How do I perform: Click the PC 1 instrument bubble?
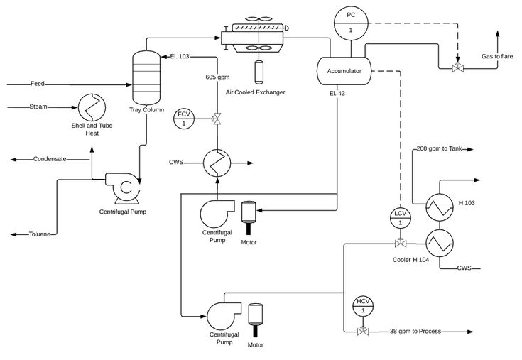coord(351,22)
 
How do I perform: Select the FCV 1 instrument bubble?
coord(183,119)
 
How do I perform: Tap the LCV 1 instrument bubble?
coord(400,218)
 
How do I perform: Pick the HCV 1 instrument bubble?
coord(363,306)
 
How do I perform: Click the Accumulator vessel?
coord(344,71)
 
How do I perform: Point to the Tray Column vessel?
coord(146,77)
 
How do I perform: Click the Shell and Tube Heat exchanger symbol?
coord(92,108)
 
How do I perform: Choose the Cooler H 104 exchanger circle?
coord(440,244)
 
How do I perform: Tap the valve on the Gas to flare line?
coord(458,68)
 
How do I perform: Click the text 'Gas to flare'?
coord(497,56)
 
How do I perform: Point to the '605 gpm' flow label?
coord(218,77)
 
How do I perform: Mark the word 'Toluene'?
coord(40,234)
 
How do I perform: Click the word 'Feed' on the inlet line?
coord(38,84)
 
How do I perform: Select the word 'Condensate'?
coord(50,159)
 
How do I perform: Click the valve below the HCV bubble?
coord(363,331)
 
